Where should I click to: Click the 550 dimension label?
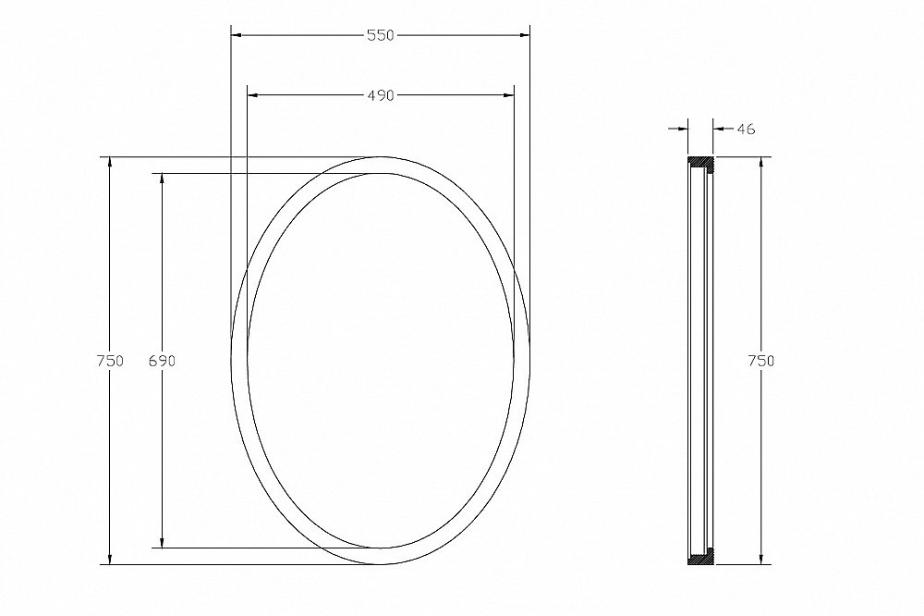coord(380,35)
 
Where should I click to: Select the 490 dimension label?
coord(380,95)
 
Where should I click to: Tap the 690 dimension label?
coord(162,361)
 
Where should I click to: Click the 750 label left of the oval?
coord(110,361)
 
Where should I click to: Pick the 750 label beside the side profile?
coord(760,361)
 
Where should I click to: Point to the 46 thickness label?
coord(746,129)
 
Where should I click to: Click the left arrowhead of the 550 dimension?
coord(236,35)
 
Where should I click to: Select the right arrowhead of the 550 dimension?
coord(525,35)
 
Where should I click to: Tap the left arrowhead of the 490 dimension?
coord(253,95)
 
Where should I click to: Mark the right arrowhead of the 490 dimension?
coord(508,95)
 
